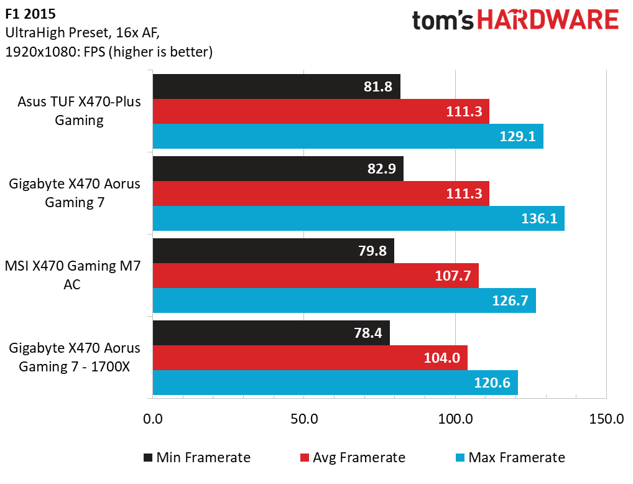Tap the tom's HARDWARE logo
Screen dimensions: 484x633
(x=515, y=21)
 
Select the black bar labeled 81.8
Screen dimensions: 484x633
(x=276, y=86)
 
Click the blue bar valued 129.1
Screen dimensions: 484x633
(x=348, y=136)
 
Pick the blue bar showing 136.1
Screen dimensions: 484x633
(x=358, y=218)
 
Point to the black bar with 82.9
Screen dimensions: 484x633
(x=278, y=169)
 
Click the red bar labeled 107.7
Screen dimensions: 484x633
(x=315, y=276)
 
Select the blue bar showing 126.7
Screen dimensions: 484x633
(x=344, y=300)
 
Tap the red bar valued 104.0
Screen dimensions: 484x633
(x=310, y=358)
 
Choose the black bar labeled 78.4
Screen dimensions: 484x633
(x=271, y=333)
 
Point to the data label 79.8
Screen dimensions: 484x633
(x=369, y=251)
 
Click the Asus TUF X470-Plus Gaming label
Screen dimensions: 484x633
(x=79, y=111)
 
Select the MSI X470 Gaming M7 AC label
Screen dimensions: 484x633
(x=72, y=276)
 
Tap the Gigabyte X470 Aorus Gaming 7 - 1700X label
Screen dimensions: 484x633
(x=75, y=357)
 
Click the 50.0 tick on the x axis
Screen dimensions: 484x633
(x=304, y=419)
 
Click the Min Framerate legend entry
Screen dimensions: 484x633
(x=196, y=458)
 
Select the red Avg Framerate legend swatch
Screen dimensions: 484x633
(x=304, y=458)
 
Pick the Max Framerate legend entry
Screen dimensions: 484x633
(x=509, y=458)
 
